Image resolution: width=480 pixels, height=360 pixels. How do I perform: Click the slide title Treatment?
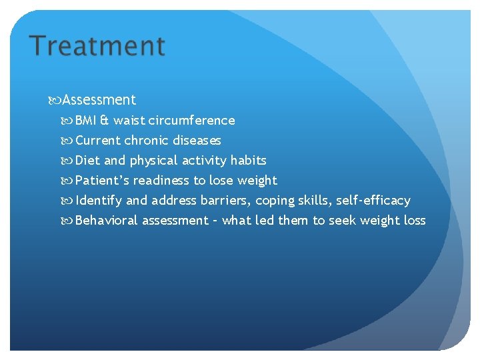tap(97, 46)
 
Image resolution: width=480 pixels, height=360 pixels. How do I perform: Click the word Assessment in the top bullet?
tap(99, 100)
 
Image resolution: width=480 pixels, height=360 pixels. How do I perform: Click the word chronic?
tap(147, 141)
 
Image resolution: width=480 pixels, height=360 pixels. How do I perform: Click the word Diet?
tap(87, 161)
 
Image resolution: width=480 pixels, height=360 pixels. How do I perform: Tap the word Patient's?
tap(100, 181)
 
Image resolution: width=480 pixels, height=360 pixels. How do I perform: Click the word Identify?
tap(99, 201)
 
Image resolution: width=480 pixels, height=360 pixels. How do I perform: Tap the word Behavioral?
tap(107, 221)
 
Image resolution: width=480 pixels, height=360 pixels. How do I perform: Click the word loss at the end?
tap(415, 221)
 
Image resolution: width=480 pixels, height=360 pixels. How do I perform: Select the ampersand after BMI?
tap(105, 121)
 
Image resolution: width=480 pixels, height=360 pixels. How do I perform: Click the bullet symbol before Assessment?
tap(55, 101)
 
